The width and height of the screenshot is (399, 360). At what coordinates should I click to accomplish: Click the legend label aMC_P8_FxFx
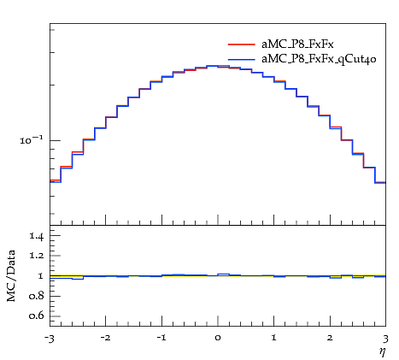click(x=297, y=44)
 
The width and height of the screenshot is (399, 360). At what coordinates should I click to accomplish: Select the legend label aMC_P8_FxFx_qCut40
click(x=319, y=59)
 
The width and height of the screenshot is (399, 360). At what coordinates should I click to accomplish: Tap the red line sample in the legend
click(x=242, y=44)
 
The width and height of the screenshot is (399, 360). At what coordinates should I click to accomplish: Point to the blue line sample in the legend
click(x=242, y=59)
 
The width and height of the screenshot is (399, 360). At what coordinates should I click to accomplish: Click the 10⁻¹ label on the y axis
click(x=31, y=139)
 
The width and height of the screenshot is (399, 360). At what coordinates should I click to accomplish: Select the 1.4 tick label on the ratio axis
click(x=37, y=236)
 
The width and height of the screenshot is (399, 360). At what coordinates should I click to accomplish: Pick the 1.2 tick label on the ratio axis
click(x=37, y=256)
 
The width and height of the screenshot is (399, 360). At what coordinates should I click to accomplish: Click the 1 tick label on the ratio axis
click(x=40, y=276)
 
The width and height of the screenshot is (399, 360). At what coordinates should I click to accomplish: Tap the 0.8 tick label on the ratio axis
click(x=36, y=296)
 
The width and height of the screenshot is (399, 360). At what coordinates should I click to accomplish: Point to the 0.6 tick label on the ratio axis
click(x=36, y=316)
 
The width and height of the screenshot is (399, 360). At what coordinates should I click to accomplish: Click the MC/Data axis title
click(x=11, y=275)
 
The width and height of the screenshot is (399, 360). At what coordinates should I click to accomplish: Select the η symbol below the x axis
click(x=382, y=352)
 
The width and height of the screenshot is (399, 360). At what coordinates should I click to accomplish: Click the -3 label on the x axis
click(x=49, y=339)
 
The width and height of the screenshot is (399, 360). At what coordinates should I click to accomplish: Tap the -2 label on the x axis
click(x=105, y=338)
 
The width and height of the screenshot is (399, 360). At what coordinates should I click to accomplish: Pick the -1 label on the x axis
click(x=161, y=338)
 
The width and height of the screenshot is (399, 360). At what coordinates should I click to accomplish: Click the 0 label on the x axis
click(x=218, y=338)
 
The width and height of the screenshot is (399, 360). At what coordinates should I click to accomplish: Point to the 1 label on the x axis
click(x=274, y=338)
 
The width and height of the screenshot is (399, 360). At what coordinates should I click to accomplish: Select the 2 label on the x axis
click(x=330, y=338)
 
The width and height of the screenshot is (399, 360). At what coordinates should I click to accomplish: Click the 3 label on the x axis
click(x=385, y=339)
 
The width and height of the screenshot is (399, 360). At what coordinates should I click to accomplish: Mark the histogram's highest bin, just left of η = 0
click(x=212, y=66)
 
